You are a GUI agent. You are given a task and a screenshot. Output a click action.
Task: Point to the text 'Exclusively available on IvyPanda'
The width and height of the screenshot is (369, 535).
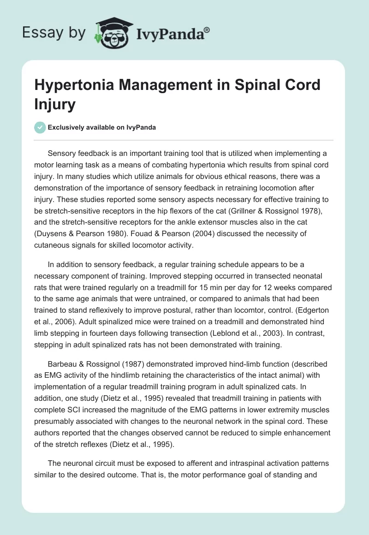click(101, 127)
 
